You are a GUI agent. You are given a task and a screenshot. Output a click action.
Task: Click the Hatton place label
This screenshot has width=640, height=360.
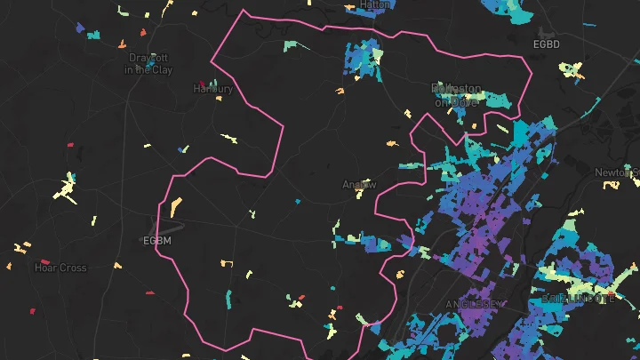coord(376,4)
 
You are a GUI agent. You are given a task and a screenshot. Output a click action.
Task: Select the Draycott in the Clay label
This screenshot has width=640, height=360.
coord(150,63)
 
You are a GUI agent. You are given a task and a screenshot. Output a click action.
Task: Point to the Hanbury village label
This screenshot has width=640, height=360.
coord(213,89)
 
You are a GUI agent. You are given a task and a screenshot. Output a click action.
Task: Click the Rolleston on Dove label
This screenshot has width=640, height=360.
coord(456,95)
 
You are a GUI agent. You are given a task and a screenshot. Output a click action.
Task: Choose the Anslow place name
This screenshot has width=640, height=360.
coord(360,185)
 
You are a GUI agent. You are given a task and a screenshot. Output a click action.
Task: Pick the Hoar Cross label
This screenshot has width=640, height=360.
coord(60,268)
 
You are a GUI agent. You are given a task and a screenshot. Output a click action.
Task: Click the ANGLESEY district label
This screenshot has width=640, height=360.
coord(474,305)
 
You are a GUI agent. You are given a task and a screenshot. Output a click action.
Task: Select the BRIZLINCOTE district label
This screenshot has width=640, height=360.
coord(577,300)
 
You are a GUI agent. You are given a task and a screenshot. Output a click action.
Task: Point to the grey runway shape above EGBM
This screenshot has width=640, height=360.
coord(174,223)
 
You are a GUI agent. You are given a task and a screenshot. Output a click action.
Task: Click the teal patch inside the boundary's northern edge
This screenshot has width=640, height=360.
coord(292,46)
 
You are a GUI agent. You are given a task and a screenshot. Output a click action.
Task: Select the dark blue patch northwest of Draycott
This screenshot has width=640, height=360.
coord(81,29)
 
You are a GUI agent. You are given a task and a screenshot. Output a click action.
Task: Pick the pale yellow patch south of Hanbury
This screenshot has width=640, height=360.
coord(230,138)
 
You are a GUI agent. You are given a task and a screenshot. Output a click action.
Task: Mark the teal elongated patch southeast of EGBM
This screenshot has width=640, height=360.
coord(228,300)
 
